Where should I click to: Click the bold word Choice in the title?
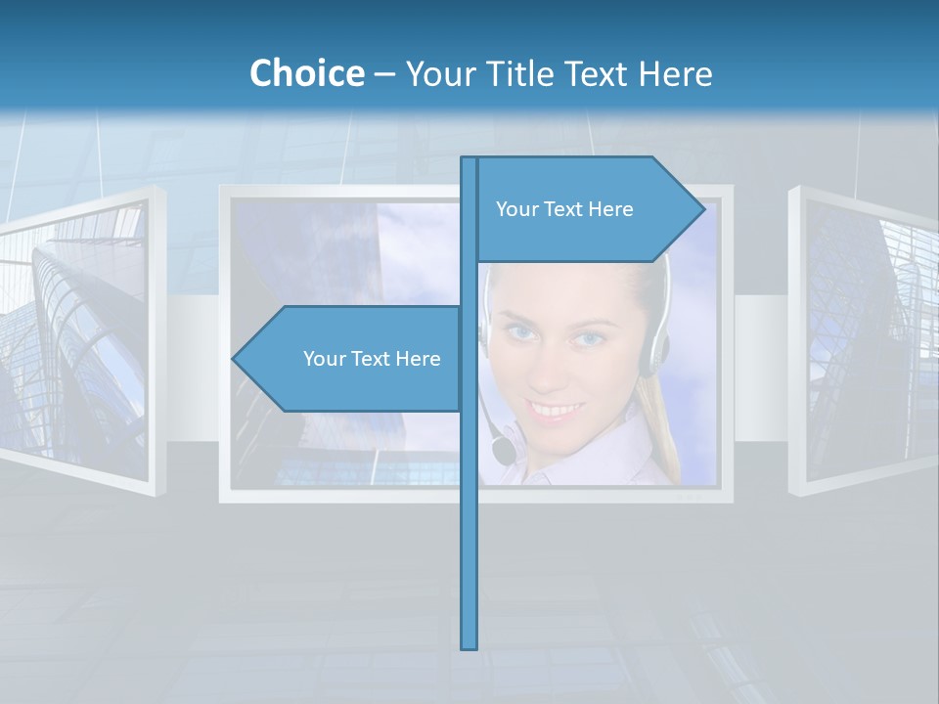tap(306, 73)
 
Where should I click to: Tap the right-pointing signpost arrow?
tap(587, 209)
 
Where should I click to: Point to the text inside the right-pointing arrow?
tap(564, 209)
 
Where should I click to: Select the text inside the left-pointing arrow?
tap(372, 359)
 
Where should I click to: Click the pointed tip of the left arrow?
tap(235, 359)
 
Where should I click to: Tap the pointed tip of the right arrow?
tap(702, 209)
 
